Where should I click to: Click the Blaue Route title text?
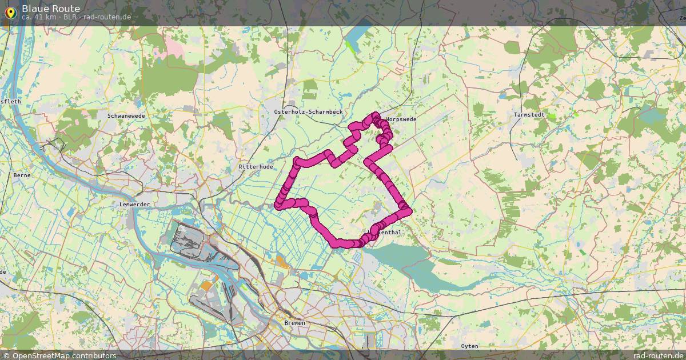(x=50, y=8)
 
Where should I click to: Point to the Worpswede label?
(x=401, y=119)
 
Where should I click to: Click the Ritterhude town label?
(x=256, y=166)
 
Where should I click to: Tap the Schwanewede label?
(x=125, y=115)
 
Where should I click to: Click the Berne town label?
(x=22, y=175)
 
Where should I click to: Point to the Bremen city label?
(x=294, y=323)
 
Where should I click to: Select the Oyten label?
(x=469, y=346)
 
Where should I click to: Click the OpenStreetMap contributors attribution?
(x=63, y=355)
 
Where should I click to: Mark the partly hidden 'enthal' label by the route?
(x=390, y=233)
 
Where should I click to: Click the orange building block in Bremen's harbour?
(x=206, y=285)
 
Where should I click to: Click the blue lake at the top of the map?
(x=358, y=33)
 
